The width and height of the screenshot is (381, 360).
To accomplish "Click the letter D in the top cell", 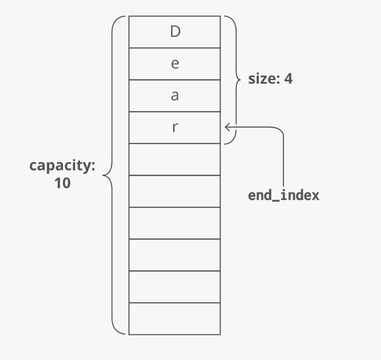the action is click(x=175, y=32).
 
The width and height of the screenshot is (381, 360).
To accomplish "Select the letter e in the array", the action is click(x=175, y=64).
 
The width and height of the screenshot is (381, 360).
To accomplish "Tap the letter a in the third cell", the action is click(x=175, y=96).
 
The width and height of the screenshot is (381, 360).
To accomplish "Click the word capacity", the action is click(x=62, y=166).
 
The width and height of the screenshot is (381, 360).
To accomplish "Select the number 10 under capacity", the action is click(x=63, y=183).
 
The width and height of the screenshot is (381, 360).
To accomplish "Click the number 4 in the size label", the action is click(x=288, y=79).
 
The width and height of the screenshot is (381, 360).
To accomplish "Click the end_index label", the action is click(x=284, y=196).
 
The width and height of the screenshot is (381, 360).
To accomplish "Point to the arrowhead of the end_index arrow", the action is click(x=226, y=127).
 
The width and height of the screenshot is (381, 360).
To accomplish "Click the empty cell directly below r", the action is click(x=175, y=159).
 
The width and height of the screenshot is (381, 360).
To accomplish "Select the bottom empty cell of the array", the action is click(x=175, y=319).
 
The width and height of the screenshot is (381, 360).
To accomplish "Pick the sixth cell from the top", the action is click(x=175, y=191).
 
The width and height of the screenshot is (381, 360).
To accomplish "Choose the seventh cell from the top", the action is click(x=175, y=223).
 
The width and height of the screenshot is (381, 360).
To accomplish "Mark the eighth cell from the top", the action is click(x=175, y=255).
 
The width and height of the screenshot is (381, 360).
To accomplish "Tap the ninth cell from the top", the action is click(x=175, y=287).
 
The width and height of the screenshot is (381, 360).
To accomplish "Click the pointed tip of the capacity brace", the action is click(x=103, y=175).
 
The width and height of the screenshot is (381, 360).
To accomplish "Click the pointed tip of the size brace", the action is click(x=240, y=80).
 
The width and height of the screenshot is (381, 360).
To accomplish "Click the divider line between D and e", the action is click(x=175, y=48).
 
